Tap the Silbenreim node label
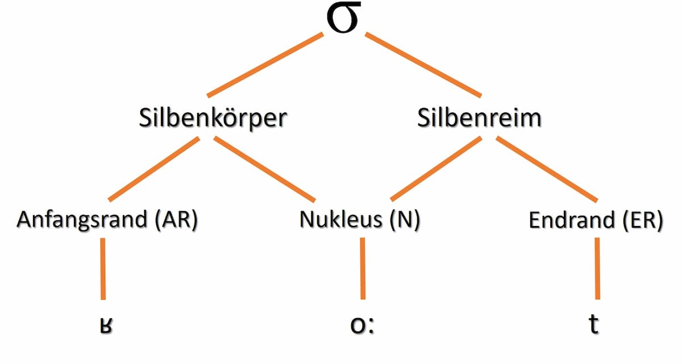(x=479, y=119)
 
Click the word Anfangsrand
(x=82, y=220)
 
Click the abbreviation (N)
(x=405, y=220)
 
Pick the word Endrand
(x=563, y=220)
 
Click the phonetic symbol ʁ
(x=102, y=327)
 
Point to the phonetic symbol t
(x=594, y=325)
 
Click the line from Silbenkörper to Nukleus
(x=265, y=169)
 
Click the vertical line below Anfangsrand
(x=103, y=268)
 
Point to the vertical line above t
(x=597, y=268)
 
